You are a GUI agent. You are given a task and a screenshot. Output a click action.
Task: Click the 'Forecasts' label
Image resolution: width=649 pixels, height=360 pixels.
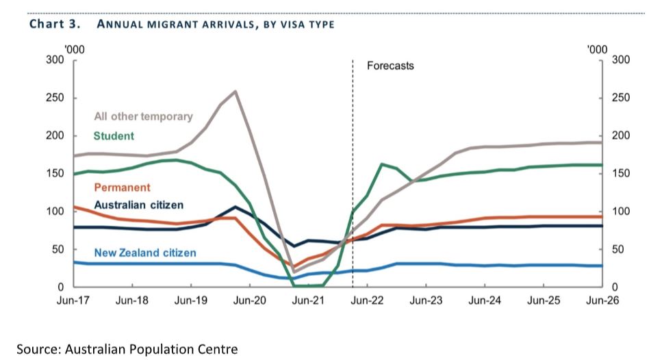pos(390,66)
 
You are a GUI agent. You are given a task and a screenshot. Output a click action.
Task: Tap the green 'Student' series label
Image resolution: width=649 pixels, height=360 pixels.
pos(114,136)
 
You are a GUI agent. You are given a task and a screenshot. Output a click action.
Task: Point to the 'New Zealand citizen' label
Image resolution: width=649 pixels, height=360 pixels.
pos(145,253)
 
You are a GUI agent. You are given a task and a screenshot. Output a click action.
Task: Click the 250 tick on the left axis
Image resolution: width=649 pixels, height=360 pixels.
pos(55,98)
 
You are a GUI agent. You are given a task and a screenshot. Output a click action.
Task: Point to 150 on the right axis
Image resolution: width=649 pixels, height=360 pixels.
pos(619,174)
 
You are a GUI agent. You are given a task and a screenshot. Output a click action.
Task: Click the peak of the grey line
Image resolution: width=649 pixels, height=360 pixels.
pos(235,91)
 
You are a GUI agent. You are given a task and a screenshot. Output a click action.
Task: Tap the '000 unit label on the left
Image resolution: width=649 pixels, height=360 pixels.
pos(73,49)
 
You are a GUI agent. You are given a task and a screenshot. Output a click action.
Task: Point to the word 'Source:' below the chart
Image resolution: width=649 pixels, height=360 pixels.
pos(38,349)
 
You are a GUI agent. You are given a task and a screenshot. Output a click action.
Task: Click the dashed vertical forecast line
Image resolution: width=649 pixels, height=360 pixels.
pos(352,171)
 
